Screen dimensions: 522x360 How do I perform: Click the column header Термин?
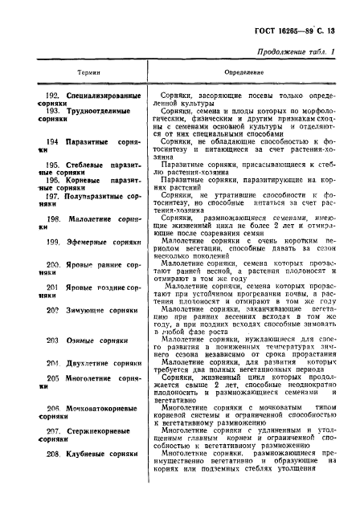tap(76, 71)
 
